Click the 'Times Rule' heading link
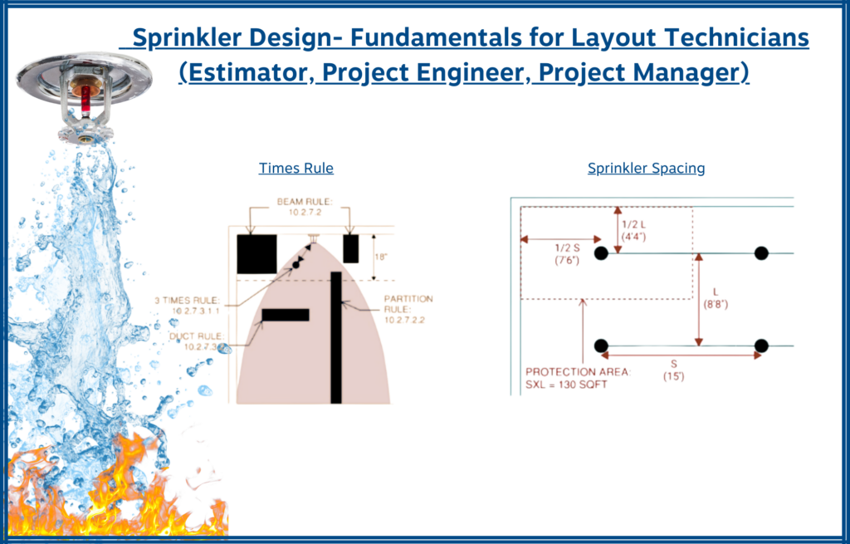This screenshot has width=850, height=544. click(x=296, y=169)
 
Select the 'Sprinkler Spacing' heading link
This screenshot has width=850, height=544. click(x=646, y=169)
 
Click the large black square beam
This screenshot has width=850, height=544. click(x=256, y=253)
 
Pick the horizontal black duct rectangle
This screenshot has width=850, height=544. click(x=285, y=315)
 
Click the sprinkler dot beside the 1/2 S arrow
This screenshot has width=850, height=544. click(x=601, y=252)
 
